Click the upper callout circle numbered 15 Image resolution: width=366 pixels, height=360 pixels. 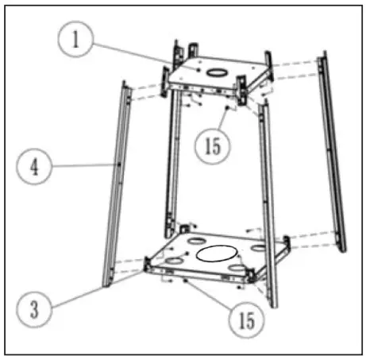click(215, 146)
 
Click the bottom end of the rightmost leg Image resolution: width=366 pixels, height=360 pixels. click(342, 248)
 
